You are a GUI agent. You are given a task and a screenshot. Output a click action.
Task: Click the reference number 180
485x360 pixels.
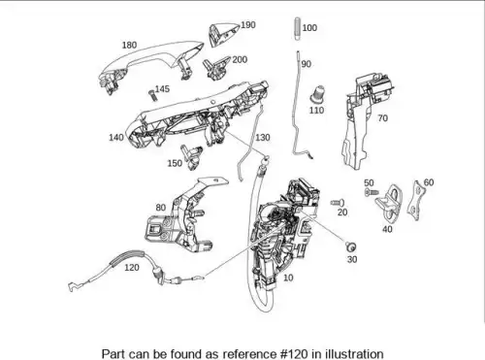click(x=129, y=45)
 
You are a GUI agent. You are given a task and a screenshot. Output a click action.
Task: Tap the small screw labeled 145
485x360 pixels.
click(x=152, y=95)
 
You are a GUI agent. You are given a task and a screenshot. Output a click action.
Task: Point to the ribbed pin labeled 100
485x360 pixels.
click(x=298, y=29)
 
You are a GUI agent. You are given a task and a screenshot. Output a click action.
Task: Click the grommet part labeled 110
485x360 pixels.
click(x=318, y=95)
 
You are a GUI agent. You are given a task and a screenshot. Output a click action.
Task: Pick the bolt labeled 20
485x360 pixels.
click(x=338, y=203)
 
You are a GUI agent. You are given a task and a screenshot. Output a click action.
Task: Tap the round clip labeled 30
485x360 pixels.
click(x=350, y=247)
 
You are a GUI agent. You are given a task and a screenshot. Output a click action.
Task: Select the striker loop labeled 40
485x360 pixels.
click(x=389, y=202)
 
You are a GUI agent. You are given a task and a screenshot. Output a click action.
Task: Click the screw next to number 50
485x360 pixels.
click(x=372, y=192)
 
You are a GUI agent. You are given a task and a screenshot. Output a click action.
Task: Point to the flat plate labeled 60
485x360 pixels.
click(x=416, y=201)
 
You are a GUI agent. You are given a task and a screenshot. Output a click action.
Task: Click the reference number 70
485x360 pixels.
click(x=382, y=118)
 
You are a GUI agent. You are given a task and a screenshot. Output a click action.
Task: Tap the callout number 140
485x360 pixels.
click(x=116, y=138)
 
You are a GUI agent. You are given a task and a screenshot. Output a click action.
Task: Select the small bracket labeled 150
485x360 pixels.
click(x=191, y=156)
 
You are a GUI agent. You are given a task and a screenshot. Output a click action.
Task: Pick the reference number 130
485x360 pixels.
click(x=263, y=138)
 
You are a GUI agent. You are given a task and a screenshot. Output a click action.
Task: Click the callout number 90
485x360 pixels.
click(x=307, y=64)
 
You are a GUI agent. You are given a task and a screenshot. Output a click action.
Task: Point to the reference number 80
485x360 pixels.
click(x=161, y=208)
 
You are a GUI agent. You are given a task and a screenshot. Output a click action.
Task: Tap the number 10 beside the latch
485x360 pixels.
click(x=288, y=278)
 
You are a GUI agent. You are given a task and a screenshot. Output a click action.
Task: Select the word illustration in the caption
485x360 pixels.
click(x=354, y=353)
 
